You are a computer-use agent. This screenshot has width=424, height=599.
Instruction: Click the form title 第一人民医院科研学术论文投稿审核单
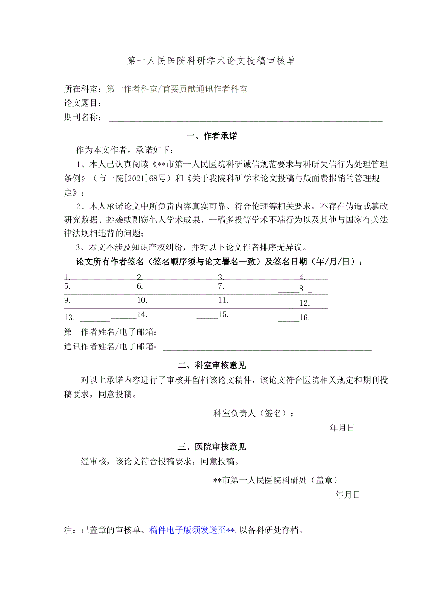tap(211, 61)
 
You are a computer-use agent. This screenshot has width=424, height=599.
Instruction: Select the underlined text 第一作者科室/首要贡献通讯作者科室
tap(177, 89)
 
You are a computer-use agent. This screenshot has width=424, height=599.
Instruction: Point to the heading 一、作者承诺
tap(212, 136)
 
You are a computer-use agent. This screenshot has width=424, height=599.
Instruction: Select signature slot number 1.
tap(67, 278)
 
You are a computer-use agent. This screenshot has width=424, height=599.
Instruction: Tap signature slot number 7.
tap(221, 286)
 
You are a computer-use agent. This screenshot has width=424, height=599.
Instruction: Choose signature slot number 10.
tap(142, 301)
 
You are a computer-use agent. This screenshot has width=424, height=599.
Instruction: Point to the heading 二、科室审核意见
tap(212, 366)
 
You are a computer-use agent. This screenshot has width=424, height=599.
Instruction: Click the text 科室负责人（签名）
tap(251, 413)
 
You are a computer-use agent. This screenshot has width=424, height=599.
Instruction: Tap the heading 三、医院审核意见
tap(212, 447)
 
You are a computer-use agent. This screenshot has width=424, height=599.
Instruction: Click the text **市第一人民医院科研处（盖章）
tap(275, 480)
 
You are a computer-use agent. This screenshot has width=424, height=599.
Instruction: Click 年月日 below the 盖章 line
tap(347, 495)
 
